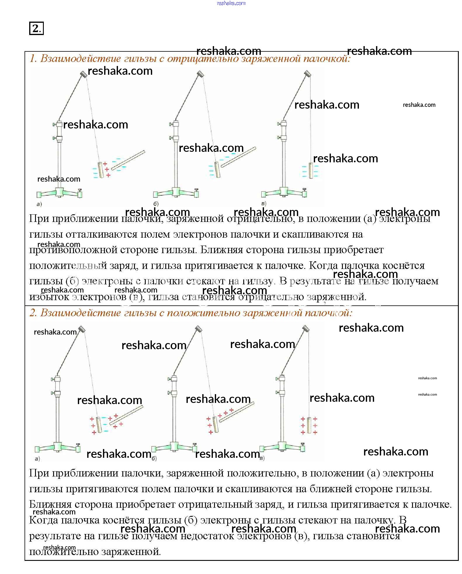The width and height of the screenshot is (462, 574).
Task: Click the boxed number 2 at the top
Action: click(36, 28)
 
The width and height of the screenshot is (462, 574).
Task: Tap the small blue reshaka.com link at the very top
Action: click(231, 3)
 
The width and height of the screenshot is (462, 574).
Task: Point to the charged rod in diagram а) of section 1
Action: click(128, 160)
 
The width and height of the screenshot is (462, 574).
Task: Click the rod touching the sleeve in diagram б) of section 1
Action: click(238, 157)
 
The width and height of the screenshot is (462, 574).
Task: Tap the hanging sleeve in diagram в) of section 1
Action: click(310, 171)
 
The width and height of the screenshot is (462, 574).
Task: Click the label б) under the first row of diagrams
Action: click(156, 204)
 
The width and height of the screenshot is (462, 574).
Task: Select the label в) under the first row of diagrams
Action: click(264, 203)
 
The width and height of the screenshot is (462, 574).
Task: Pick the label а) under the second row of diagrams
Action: click(37, 458)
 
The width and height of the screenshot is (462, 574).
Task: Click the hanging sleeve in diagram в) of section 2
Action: click(309, 425)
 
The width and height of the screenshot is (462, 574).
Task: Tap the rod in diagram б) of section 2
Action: click(237, 412)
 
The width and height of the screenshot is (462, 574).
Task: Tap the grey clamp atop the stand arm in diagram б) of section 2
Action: click(199, 329)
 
